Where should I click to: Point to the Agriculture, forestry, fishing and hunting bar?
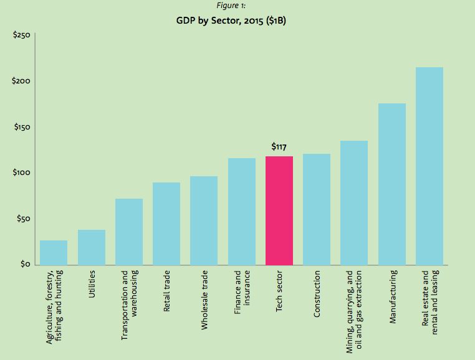click(x=54, y=252)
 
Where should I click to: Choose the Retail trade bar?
click(x=166, y=224)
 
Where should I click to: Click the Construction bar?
click(x=317, y=209)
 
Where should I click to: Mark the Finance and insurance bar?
click(x=241, y=212)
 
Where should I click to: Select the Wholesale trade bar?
click(x=204, y=220)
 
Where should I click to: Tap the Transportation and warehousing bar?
click(x=128, y=232)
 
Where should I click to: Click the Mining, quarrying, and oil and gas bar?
click(x=354, y=203)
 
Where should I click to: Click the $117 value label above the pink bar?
click(x=279, y=146)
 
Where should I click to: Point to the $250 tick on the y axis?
click(x=22, y=36)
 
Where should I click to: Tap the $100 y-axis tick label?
click(x=22, y=173)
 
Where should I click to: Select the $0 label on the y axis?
click(x=25, y=265)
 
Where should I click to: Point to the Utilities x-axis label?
click(x=92, y=284)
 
